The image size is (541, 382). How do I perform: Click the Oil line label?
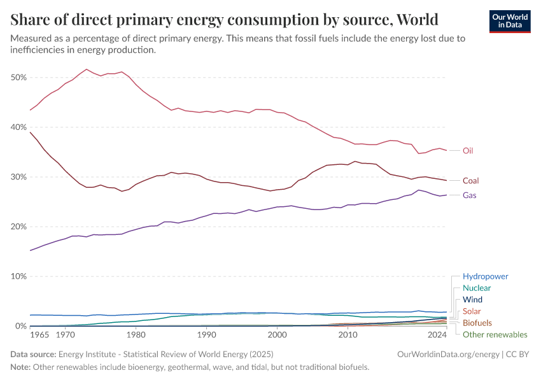coord(468,151)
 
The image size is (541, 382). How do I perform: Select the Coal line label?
coord(471,181)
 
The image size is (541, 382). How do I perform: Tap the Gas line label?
coord(469,195)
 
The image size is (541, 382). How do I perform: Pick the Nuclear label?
coord(477,288)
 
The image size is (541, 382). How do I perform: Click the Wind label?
coord(472,300)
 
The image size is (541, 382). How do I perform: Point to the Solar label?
coord(472,311)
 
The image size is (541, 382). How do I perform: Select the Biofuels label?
coord(477,323)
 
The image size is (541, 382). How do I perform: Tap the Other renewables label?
coord(495,334)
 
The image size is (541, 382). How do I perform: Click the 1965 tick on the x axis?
coord(39,334)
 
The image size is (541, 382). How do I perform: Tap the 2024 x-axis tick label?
coord(437,334)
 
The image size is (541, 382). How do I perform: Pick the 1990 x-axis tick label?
coord(206,334)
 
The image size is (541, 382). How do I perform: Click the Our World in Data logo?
coord(509,21)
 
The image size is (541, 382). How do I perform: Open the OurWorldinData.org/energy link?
coord(440,353)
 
